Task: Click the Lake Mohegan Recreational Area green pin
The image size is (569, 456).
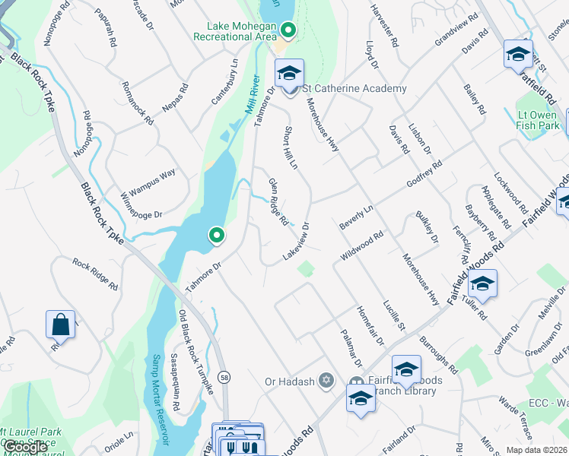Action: [288, 31]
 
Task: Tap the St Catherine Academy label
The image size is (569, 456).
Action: [354, 89]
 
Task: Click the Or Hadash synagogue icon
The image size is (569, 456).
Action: [326, 380]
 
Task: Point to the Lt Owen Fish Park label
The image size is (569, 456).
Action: [539, 120]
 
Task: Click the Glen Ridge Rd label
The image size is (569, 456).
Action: [278, 201]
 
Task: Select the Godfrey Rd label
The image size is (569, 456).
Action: [424, 176]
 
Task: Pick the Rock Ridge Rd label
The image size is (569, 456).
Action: [95, 274]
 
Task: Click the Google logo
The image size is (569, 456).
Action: [25, 448]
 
